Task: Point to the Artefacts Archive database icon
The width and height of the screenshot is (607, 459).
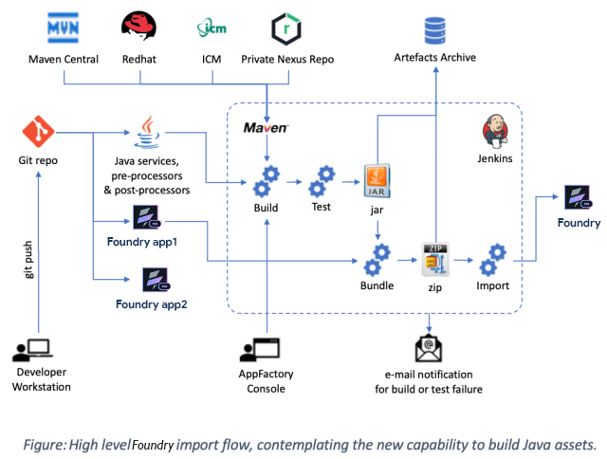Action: tap(435, 29)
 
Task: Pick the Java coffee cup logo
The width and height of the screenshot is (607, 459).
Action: tap(147, 133)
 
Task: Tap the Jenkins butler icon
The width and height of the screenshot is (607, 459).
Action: tap(495, 131)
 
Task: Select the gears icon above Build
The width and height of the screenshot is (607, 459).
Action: tap(267, 177)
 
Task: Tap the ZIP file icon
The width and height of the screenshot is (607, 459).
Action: tap(434, 258)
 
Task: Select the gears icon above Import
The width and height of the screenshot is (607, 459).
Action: tap(493, 257)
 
